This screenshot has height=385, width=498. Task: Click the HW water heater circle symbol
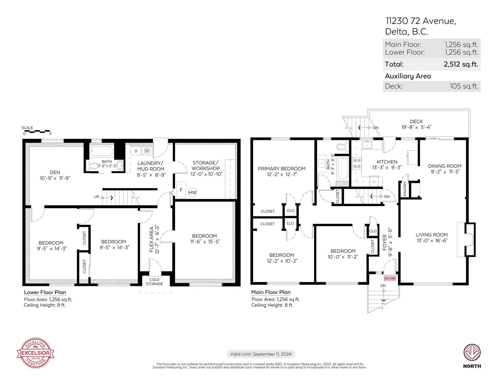click(x=192, y=192)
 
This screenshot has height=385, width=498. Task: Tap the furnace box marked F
click(x=181, y=190)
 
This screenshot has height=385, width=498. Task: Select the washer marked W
click(x=147, y=151)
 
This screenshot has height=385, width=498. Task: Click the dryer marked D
click(x=136, y=151)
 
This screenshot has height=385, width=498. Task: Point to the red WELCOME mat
click(x=390, y=278)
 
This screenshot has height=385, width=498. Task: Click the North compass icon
click(x=472, y=353)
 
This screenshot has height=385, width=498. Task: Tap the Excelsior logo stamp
click(x=36, y=353)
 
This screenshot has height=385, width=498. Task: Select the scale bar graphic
click(x=37, y=132)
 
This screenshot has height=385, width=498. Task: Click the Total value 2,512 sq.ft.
click(x=461, y=64)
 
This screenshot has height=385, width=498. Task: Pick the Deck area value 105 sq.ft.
click(x=464, y=86)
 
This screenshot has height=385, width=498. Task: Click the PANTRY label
click(x=405, y=189)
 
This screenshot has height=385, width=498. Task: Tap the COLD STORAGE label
click(x=154, y=282)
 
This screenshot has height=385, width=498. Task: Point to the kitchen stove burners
click(x=357, y=163)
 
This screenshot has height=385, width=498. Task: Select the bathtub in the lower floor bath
click(x=102, y=151)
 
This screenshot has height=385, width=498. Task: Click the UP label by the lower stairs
click(x=96, y=197)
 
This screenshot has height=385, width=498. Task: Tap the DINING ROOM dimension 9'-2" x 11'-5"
click(x=445, y=172)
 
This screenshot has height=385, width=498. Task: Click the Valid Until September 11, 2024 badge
click(x=261, y=354)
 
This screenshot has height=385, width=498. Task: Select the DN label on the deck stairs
click(x=376, y=128)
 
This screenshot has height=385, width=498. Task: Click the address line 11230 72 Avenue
click(x=420, y=21)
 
